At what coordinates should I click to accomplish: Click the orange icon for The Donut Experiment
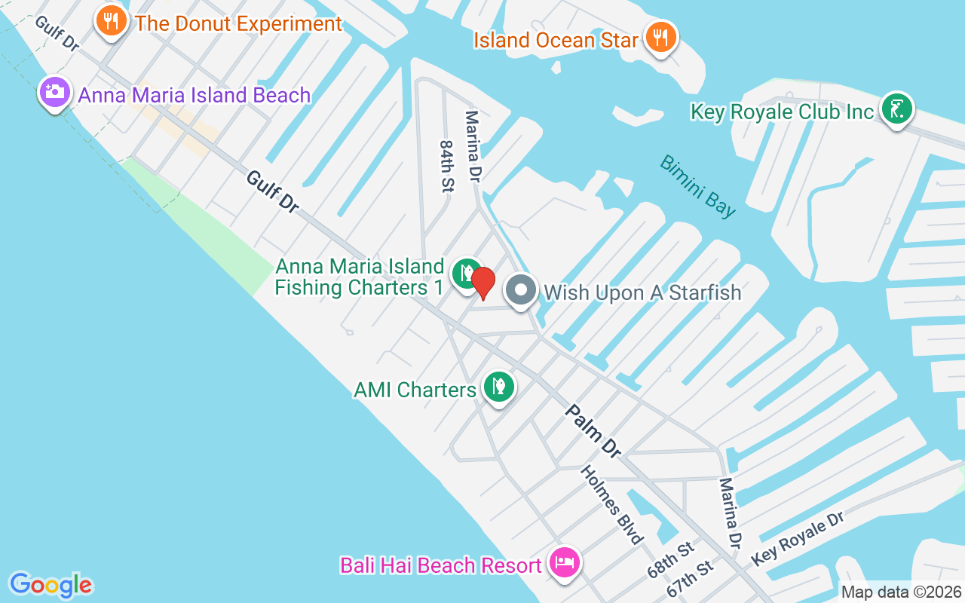click(x=112, y=21)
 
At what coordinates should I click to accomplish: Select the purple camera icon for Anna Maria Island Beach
click(x=54, y=92)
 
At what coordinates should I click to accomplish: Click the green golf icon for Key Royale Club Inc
click(x=896, y=109)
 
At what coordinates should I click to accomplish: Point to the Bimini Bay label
click(x=698, y=185)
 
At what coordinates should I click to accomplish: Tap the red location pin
click(x=483, y=283)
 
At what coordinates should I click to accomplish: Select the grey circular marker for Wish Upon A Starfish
click(x=520, y=291)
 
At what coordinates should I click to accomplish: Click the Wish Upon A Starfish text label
click(x=642, y=292)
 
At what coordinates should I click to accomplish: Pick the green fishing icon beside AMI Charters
click(x=498, y=387)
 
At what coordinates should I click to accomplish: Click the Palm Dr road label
click(x=593, y=431)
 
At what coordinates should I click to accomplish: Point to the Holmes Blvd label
click(x=612, y=504)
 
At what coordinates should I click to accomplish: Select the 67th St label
click(x=691, y=579)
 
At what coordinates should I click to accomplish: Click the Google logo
click(x=51, y=585)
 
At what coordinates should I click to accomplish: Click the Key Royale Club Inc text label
click(x=782, y=112)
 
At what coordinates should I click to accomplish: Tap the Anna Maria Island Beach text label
click(x=195, y=96)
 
